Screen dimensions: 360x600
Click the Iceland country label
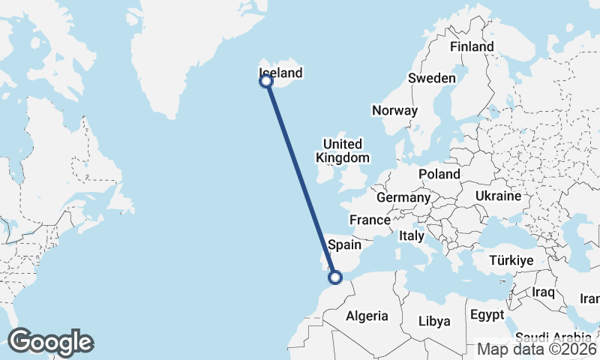coord(280,73)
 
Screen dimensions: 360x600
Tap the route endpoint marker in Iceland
coord(265,81)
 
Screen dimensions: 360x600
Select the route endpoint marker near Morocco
coord(335,277)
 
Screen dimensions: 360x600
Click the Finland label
coord(472,46)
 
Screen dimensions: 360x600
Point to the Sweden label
coord(431,78)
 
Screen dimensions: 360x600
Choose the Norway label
coord(394,110)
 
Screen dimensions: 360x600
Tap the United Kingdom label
coord(343,151)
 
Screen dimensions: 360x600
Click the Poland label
coord(439,174)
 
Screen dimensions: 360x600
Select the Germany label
coord(403,197)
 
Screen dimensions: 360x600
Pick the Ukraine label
coord(498,196)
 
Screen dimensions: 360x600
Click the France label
coord(370,220)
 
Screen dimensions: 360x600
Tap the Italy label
coord(412,235)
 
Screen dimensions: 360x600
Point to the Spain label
coord(345,244)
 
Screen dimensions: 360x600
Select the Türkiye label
coord(511,260)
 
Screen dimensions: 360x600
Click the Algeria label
coord(367,316)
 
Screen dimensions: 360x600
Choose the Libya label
coord(434,321)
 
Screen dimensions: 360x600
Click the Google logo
coord(50,342)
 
